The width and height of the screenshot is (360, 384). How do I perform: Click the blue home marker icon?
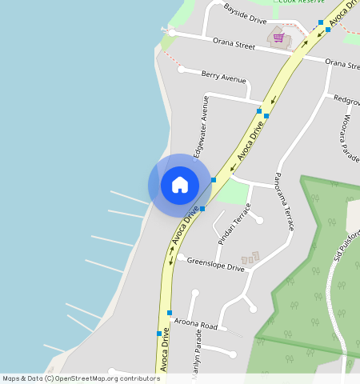tap(180, 185)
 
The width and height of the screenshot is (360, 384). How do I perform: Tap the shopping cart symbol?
tap(278, 38)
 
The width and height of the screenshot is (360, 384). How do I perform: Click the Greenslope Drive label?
tap(215, 264)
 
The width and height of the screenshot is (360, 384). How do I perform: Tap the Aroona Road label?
tap(196, 325)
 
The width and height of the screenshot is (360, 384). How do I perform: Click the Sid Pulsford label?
tap(346, 244)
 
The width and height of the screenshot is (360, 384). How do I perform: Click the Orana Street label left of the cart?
tap(233, 43)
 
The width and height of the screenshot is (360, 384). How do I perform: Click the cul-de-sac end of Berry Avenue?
tap(182, 70)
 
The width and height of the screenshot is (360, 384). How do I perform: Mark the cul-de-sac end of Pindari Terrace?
tap(258, 219)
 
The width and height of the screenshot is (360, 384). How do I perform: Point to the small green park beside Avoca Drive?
tap(232, 192)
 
